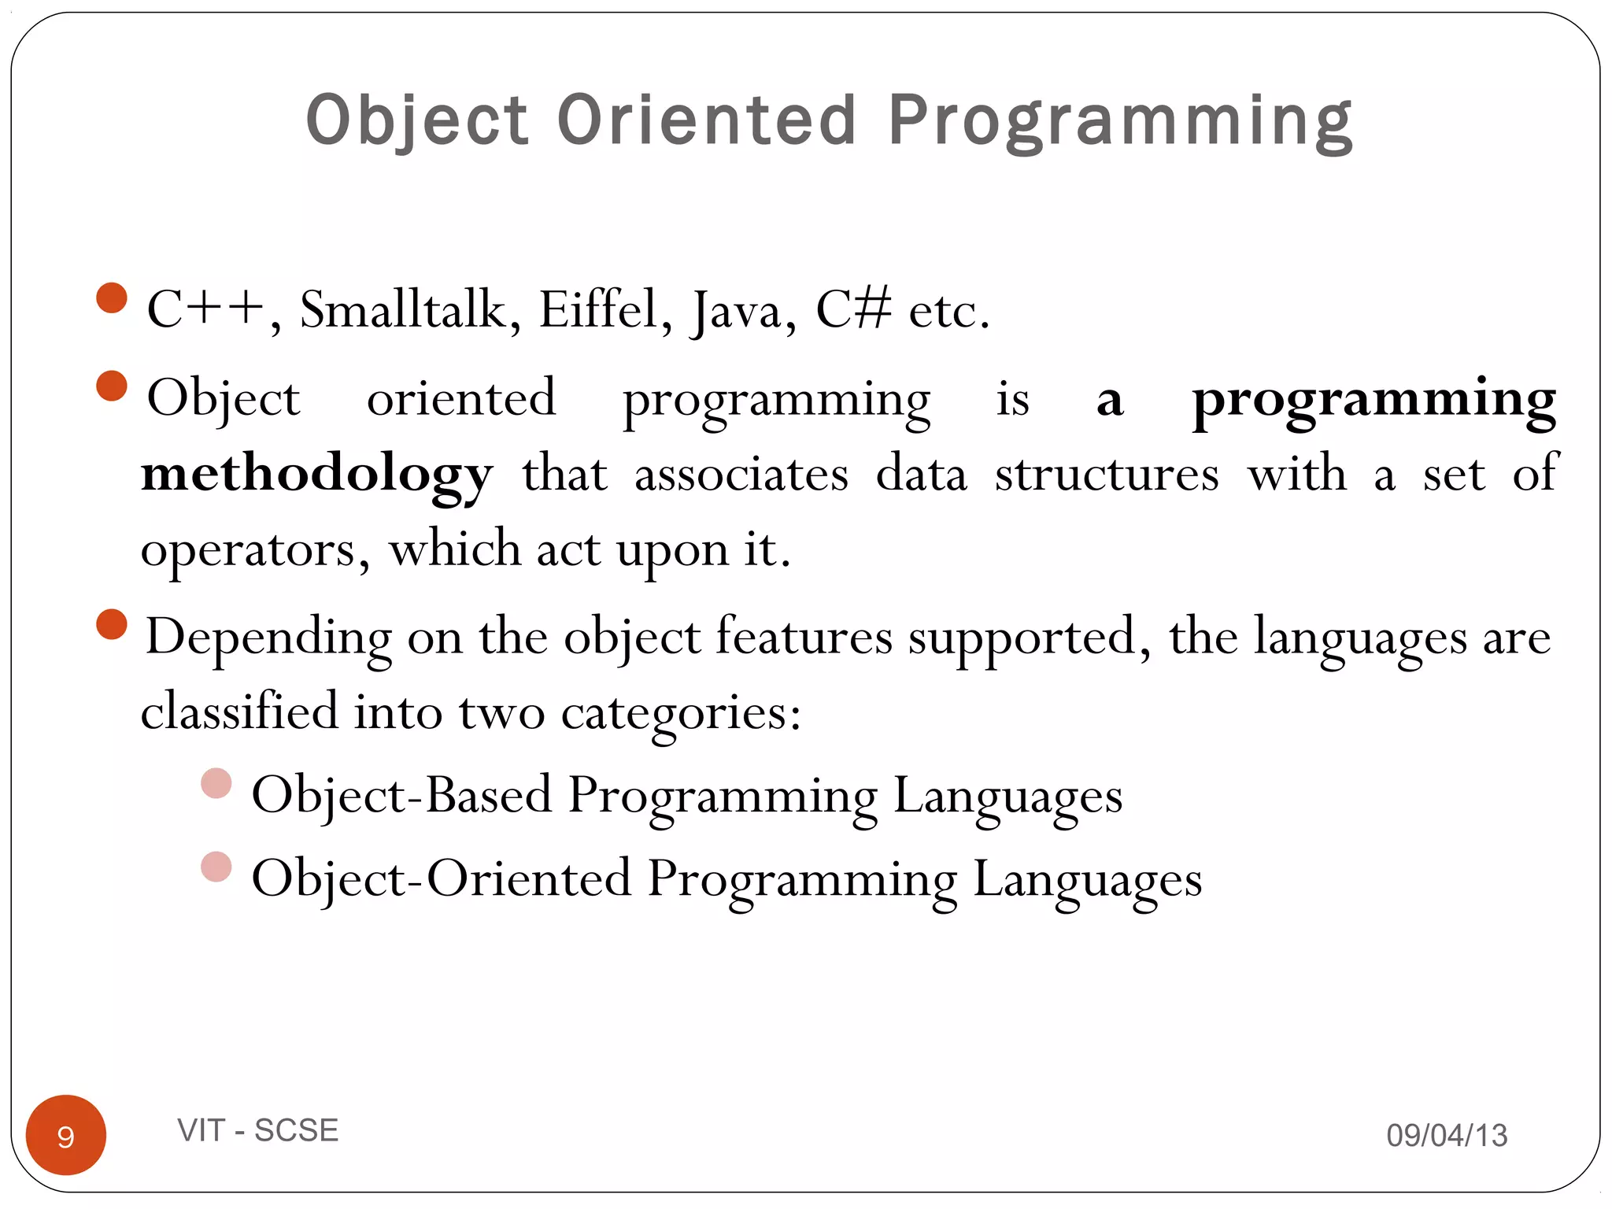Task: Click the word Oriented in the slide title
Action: click(706, 120)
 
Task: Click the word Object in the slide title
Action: click(416, 120)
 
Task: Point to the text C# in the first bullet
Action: click(853, 309)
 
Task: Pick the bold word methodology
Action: click(316, 475)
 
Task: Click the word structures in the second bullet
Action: click(1107, 475)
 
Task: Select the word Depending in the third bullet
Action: click(268, 638)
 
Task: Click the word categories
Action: click(680, 713)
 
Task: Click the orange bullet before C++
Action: click(112, 298)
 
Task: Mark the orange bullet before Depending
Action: click(112, 624)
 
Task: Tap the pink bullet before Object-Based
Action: click(216, 784)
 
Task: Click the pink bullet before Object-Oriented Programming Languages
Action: click(216, 867)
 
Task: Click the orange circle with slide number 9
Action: click(66, 1134)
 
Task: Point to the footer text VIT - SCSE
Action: click(257, 1130)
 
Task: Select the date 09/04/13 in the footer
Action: click(1446, 1135)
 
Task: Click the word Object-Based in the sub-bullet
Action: click(401, 796)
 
